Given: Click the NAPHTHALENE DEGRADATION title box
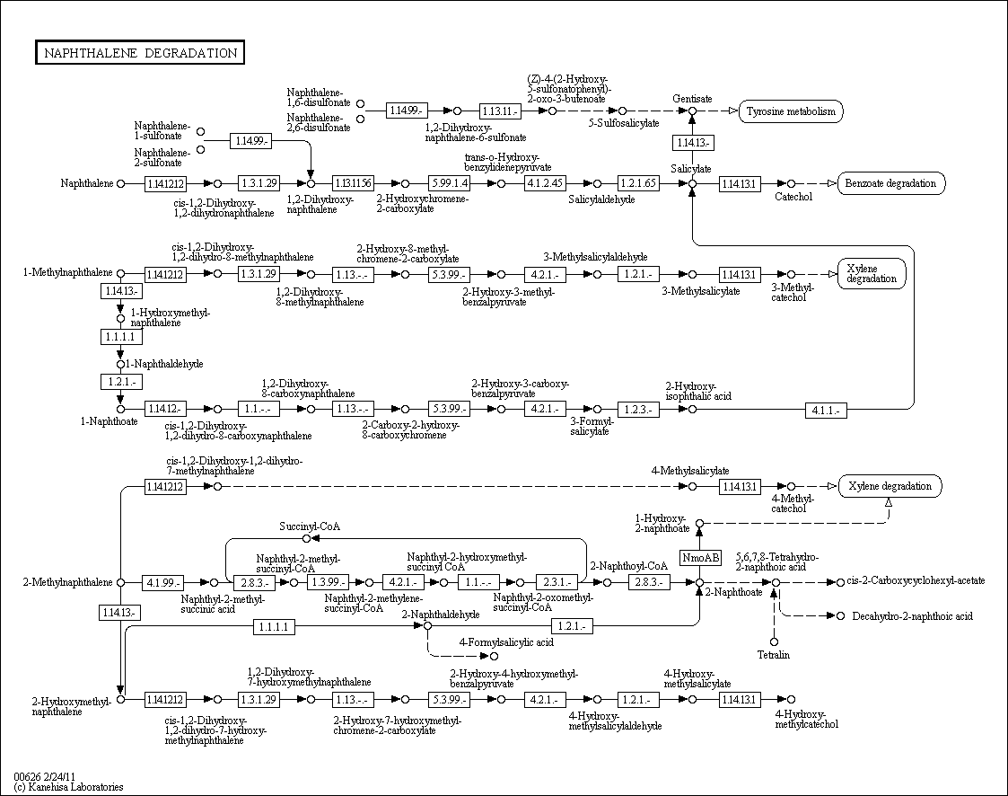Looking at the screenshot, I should tap(139, 53).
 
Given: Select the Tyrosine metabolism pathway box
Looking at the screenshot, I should tap(791, 111).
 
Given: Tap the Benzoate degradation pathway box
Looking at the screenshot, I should tap(890, 183).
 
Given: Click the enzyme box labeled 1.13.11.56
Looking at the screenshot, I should tap(352, 183).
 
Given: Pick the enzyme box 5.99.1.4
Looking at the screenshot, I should tap(449, 183).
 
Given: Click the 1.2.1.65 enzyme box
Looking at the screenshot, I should tap(638, 183).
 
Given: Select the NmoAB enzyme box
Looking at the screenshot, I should tap(700, 558).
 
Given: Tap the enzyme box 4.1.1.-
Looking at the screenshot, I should tap(826, 411).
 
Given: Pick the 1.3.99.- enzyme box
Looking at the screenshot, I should tap(328, 582).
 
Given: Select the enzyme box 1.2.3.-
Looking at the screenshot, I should tap(638, 410).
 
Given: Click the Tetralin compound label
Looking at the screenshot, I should tap(773, 655).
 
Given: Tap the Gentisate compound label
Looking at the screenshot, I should tap(692, 98).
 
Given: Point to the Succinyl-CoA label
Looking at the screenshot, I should tap(310, 526).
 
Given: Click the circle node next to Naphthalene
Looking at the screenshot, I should tap(121, 183).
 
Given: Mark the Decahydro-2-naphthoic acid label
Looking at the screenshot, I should tap(912, 616).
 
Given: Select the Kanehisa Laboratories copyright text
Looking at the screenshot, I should tap(68, 787).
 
